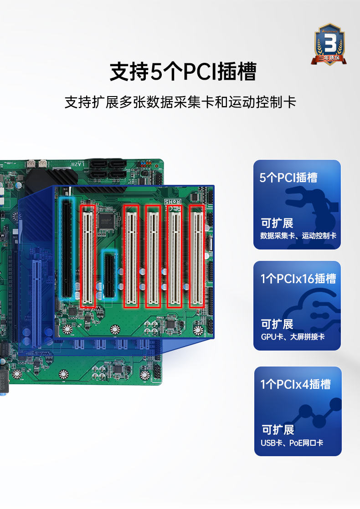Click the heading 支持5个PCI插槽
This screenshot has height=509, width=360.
183,71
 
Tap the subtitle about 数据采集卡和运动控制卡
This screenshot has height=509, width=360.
180,102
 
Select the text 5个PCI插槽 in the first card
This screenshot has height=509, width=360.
288,177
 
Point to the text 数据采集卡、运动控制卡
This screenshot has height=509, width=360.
298,236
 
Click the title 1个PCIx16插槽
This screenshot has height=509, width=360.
298,278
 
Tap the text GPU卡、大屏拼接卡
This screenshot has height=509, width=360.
293,337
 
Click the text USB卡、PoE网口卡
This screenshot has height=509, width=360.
292,443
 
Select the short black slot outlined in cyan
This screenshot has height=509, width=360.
109,275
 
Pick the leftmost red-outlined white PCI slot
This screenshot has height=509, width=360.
87,255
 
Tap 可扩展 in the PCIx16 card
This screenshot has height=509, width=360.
277,324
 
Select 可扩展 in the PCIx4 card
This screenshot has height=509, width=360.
278,430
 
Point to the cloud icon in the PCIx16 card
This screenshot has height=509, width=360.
312,310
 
